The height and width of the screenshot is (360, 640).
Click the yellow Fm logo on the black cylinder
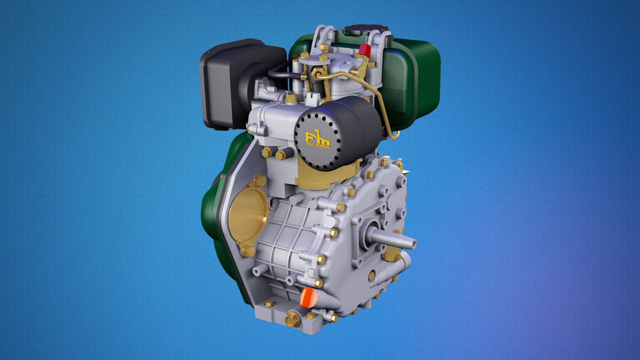pos(317,137)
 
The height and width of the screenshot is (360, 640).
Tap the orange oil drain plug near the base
pos(307,297)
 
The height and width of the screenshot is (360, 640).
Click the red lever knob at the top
pos(365,50)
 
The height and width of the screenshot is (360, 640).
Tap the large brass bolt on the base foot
pos(292,319)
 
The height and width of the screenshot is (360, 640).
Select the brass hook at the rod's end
pos(395,135)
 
